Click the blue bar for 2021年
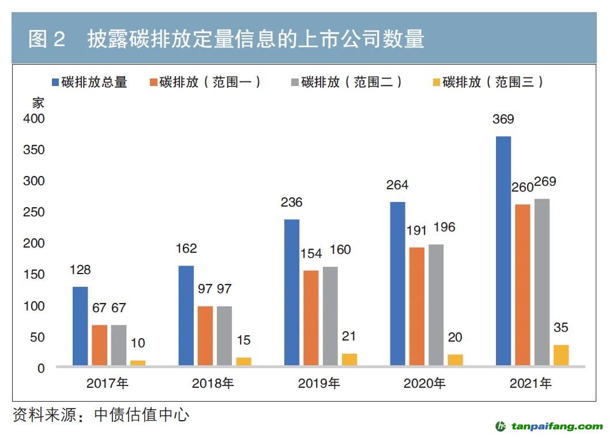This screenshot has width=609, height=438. [x=503, y=251]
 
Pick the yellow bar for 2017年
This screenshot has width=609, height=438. [x=138, y=363]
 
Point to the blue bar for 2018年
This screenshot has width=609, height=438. [x=186, y=316]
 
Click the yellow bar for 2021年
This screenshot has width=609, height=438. [x=561, y=355]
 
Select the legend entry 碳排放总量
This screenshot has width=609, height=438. [x=89, y=82]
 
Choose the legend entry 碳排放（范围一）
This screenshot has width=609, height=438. [x=205, y=82]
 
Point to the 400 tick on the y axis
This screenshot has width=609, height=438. [x=34, y=118]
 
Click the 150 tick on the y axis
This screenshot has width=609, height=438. [x=34, y=274]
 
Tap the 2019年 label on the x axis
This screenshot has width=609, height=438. [x=319, y=383]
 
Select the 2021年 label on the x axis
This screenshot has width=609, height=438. [x=531, y=383]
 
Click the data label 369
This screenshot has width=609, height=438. [x=503, y=120]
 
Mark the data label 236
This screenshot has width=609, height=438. [x=292, y=203]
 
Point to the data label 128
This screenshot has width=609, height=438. [x=80, y=270]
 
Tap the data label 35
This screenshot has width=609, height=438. [x=561, y=328]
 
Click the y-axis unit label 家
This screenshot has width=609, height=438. [x=38, y=103]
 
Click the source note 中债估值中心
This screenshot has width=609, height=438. [x=141, y=415]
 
